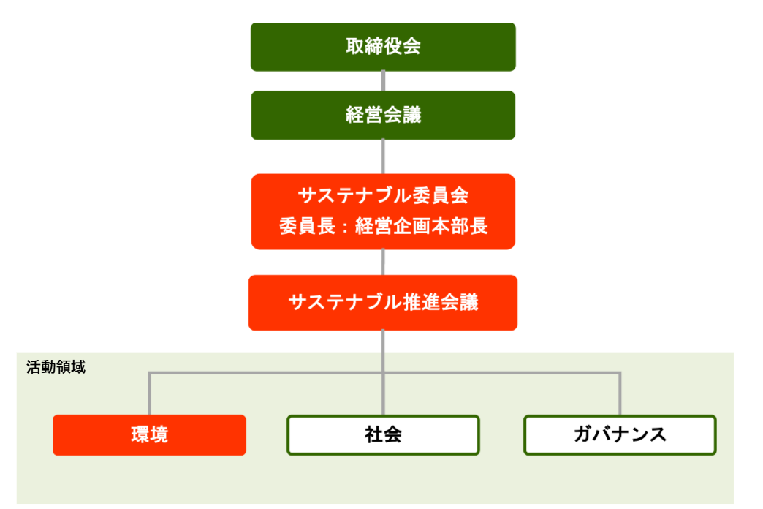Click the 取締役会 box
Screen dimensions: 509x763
pyautogui.click(x=383, y=47)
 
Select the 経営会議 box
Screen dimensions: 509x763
pyautogui.click(x=383, y=115)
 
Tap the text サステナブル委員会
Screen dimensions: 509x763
pyautogui.click(x=383, y=196)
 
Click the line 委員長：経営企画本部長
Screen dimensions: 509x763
pyautogui.click(x=383, y=227)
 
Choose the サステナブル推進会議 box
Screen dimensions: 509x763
pyautogui.click(x=383, y=302)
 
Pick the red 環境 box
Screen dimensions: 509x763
pyautogui.click(x=149, y=435)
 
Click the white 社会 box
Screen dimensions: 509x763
pyautogui.click(x=383, y=435)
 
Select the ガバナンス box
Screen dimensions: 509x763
pyautogui.click(x=620, y=435)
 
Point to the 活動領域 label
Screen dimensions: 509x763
pyautogui.click(x=56, y=367)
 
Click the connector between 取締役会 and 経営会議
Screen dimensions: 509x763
pyautogui.click(x=383, y=81)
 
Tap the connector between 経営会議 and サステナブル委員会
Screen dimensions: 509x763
pyautogui.click(x=383, y=157)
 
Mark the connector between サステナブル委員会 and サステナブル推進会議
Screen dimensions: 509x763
pyautogui.click(x=383, y=262)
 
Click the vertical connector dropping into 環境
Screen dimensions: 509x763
pyautogui.click(x=149, y=395)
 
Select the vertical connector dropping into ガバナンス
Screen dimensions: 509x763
pyautogui.click(x=620, y=395)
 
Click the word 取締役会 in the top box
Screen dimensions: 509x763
pyautogui.click(x=383, y=47)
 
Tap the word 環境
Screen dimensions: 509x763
pyautogui.click(x=149, y=435)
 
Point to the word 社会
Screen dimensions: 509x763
pyautogui.click(x=383, y=435)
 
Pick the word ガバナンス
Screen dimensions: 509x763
pyautogui.click(x=620, y=435)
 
